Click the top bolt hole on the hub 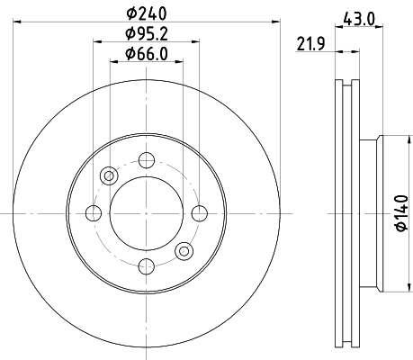point(146,160)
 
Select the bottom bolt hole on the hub point(146,265)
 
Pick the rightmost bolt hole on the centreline point(198,212)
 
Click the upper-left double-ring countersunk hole point(109,175)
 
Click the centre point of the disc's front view point(146,212)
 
